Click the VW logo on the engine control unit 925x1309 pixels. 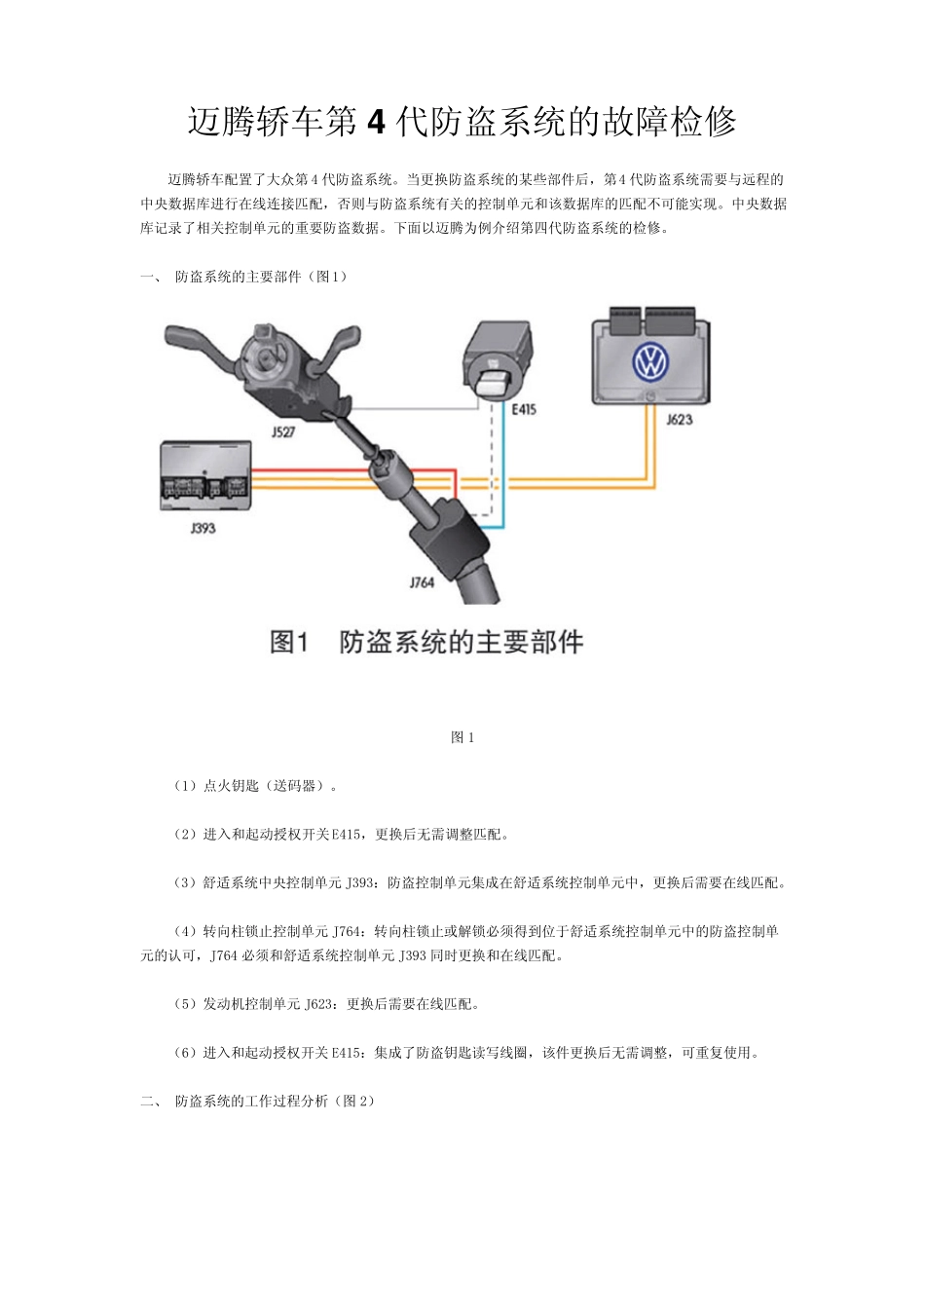[649, 362]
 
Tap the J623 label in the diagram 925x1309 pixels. [679, 420]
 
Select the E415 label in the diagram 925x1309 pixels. [523, 410]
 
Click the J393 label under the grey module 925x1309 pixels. [203, 528]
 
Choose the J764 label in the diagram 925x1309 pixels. [421, 581]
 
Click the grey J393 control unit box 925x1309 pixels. [205, 476]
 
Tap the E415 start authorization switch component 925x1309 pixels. [498, 357]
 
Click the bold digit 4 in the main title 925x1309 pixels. [379, 122]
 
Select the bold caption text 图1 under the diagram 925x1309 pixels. [288, 643]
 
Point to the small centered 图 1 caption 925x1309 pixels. [462, 738]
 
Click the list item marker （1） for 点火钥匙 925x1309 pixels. [185, 786]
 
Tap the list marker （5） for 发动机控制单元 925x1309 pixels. [185, 1004]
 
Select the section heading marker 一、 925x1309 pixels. [151, 277]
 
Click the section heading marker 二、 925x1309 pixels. [151, 1102]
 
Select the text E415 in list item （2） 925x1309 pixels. [347, 835]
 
